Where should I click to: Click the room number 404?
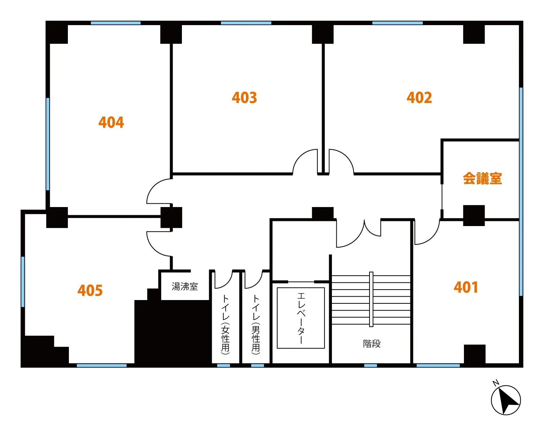111,123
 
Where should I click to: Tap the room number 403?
244,98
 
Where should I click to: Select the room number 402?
419,98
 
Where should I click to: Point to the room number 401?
466,287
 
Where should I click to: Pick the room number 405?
90,290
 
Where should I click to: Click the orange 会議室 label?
482,179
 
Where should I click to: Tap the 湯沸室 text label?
185,286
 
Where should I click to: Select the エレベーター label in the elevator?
301,318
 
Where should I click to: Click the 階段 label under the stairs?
372,344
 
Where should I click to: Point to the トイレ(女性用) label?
225,325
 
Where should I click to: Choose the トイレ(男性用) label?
256,325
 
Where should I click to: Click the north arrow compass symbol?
506,400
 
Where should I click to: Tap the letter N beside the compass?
496,383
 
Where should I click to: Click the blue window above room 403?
246,23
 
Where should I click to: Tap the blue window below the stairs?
370,366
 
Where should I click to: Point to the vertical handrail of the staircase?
371,299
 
